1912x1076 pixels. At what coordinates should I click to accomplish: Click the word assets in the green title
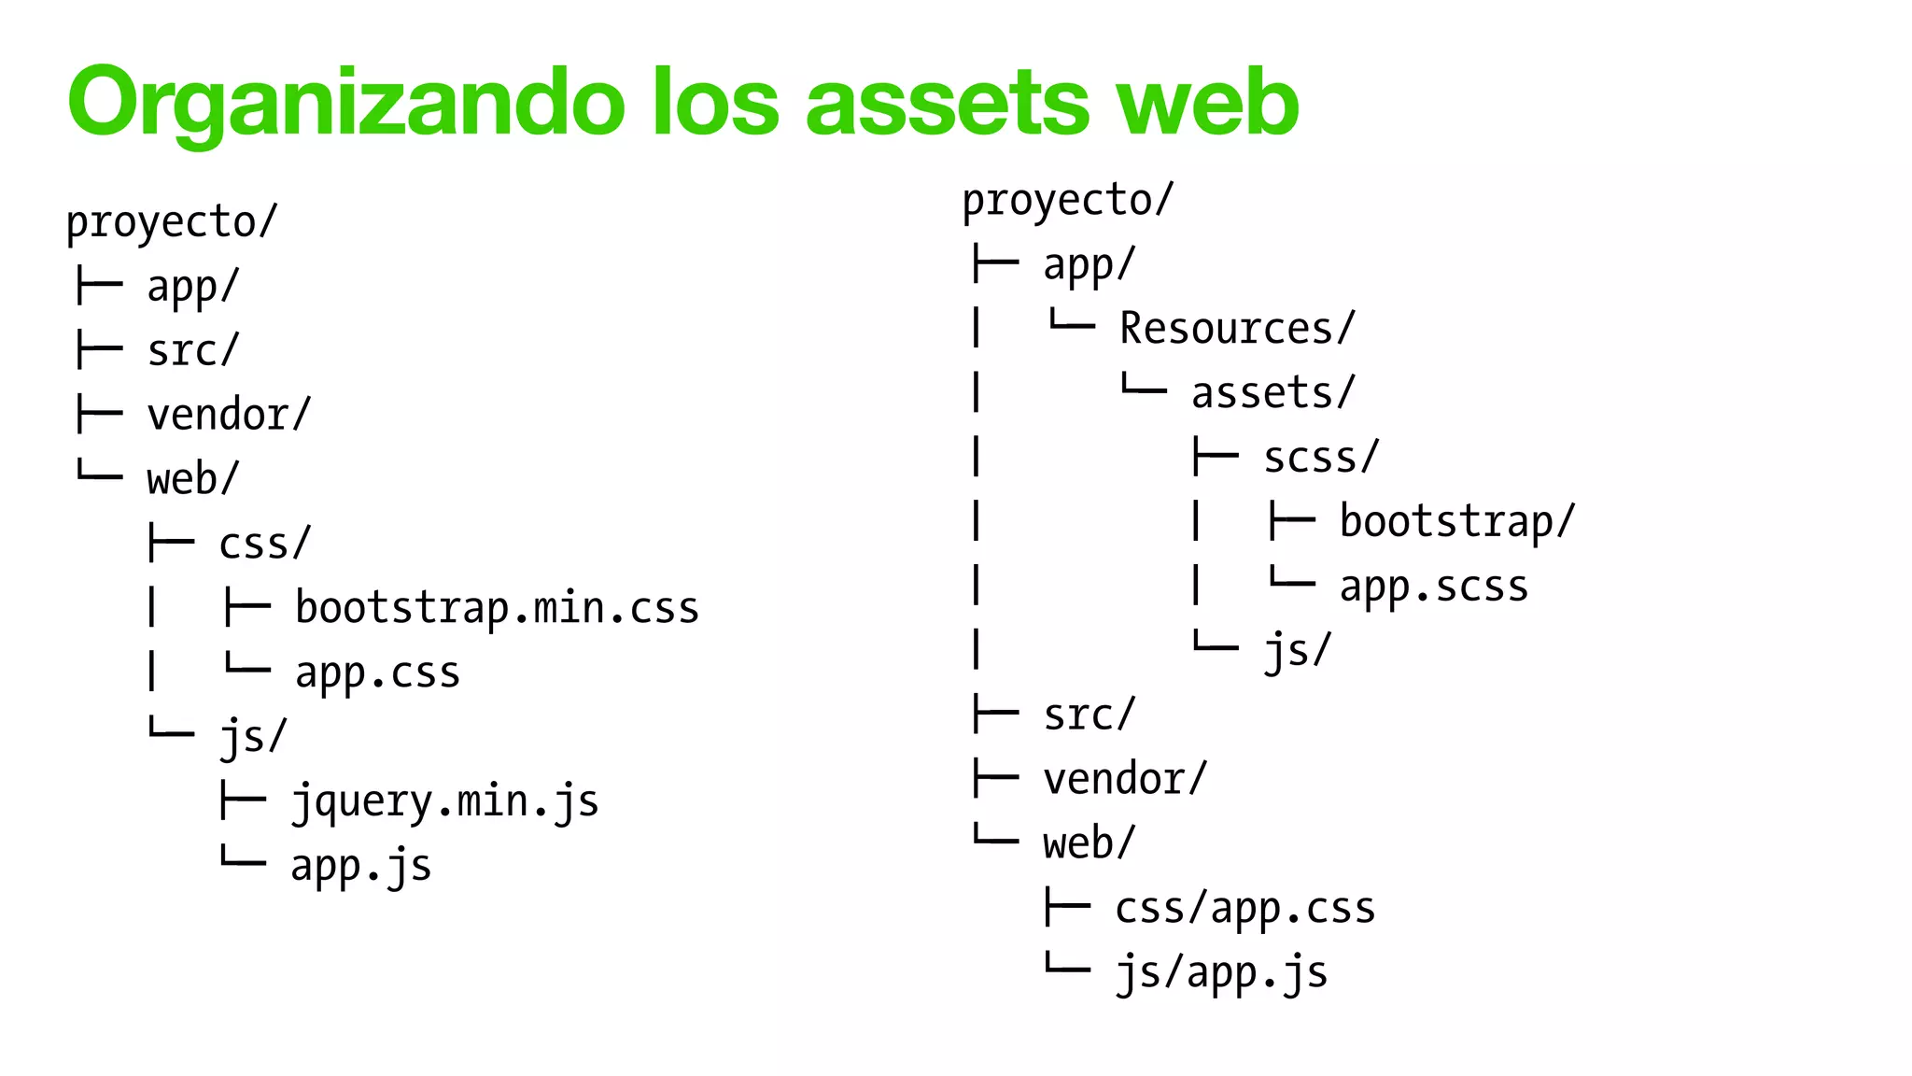pyautogui.click(x=947, y=103)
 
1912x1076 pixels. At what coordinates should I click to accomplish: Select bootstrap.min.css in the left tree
pyautogui.click(x=497, y=609)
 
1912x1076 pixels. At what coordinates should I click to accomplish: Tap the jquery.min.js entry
pyautogui.click(x=444, y=802)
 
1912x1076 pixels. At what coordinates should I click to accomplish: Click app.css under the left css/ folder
pyautogui.click(x=377, y=673)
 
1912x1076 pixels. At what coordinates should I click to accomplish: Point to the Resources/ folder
pyautogui.click(x=1236, y=329)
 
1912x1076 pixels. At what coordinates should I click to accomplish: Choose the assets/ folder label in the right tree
pyautogui.click(x=1272, y=393)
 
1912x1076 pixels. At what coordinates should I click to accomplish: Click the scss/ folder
pyautogui.click(x=1320, y=458)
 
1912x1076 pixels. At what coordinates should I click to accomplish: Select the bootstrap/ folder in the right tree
pyautogui.click(x=1456, y=522)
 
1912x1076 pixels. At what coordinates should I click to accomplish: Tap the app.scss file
pyautogui.click(x=1434, y=587)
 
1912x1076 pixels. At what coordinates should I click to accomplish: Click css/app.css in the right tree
pyautogui.click(x=1244, y=909)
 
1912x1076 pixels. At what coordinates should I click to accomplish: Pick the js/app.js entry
pyautogui.click(x=1221, y=973)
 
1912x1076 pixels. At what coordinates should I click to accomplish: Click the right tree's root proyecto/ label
pyautogui.click(x=1067, y=201)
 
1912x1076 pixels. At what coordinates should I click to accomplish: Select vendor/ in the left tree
pyautogui.click(x=229, y=416)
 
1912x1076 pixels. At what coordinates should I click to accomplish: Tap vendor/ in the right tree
pyautogui.click(x=1125, y=780)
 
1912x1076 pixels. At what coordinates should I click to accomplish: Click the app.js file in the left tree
pyautogui.click(x=360, y=867)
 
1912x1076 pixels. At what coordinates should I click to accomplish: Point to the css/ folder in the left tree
pyautogui.click(x=264, y=545)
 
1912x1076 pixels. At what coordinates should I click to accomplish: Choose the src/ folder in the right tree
pyautogui.click(x=1089, y=715)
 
